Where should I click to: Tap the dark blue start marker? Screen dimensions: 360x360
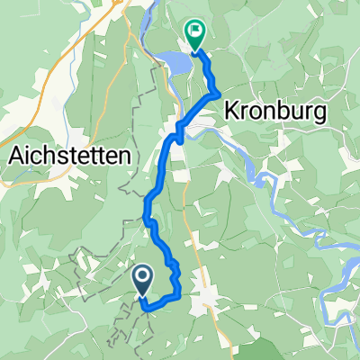click(x=143, y=280)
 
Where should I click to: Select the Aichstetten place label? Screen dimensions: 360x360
click(x=69, y=154)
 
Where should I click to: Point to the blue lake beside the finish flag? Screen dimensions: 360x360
click(x=175, y=62)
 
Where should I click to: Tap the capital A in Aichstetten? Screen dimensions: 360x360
click(x=14, y=154)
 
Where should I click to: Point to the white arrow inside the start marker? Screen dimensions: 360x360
click(x=143, y=278)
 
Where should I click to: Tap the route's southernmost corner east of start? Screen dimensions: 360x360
click(x=146, y=309)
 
